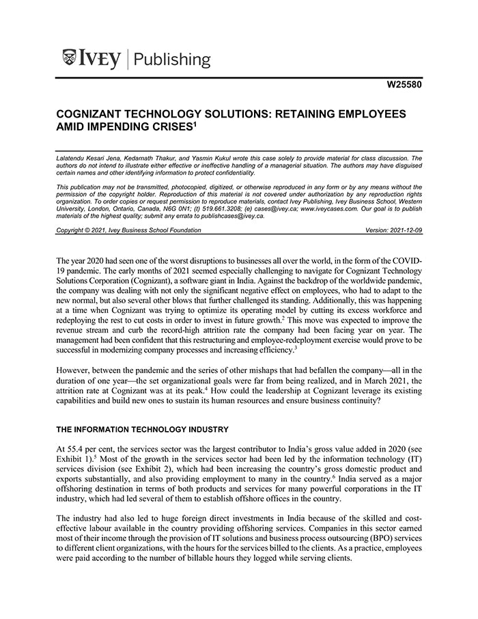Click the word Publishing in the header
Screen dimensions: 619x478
[172, 59]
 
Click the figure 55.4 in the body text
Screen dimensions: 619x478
[74, 448]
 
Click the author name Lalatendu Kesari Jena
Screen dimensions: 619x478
[90, 159]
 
